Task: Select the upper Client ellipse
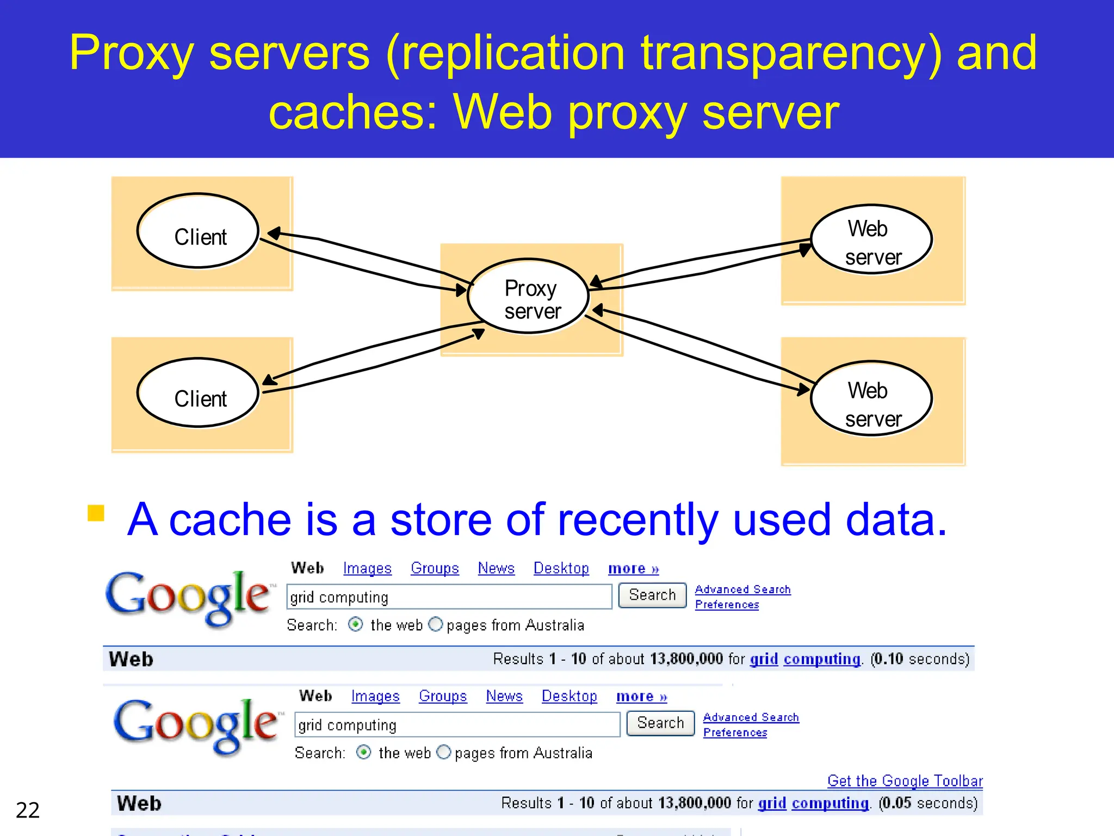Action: tap(198, 231)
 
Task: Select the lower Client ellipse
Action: tap(198, 393)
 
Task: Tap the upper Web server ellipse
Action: tap(871, 239)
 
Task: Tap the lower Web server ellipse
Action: tap(871, 399)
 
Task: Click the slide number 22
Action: tap(28, 810)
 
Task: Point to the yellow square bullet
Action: tap(96, 513)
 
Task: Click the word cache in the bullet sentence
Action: tap(230, 520)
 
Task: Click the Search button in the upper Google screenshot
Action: tap(652, 595)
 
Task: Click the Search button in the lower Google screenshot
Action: tap(660, 723)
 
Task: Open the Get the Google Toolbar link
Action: tap(905, 780)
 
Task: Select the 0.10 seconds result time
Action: tap(919, 659)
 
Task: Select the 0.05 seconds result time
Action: tap(927, 803)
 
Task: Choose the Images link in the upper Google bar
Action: tap(367, 568)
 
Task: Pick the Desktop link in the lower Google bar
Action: tap(569, 696)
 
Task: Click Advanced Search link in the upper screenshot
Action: tap(742, 589)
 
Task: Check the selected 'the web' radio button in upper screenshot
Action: tap(356, 624)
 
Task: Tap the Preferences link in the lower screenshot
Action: tap(735, 733)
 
